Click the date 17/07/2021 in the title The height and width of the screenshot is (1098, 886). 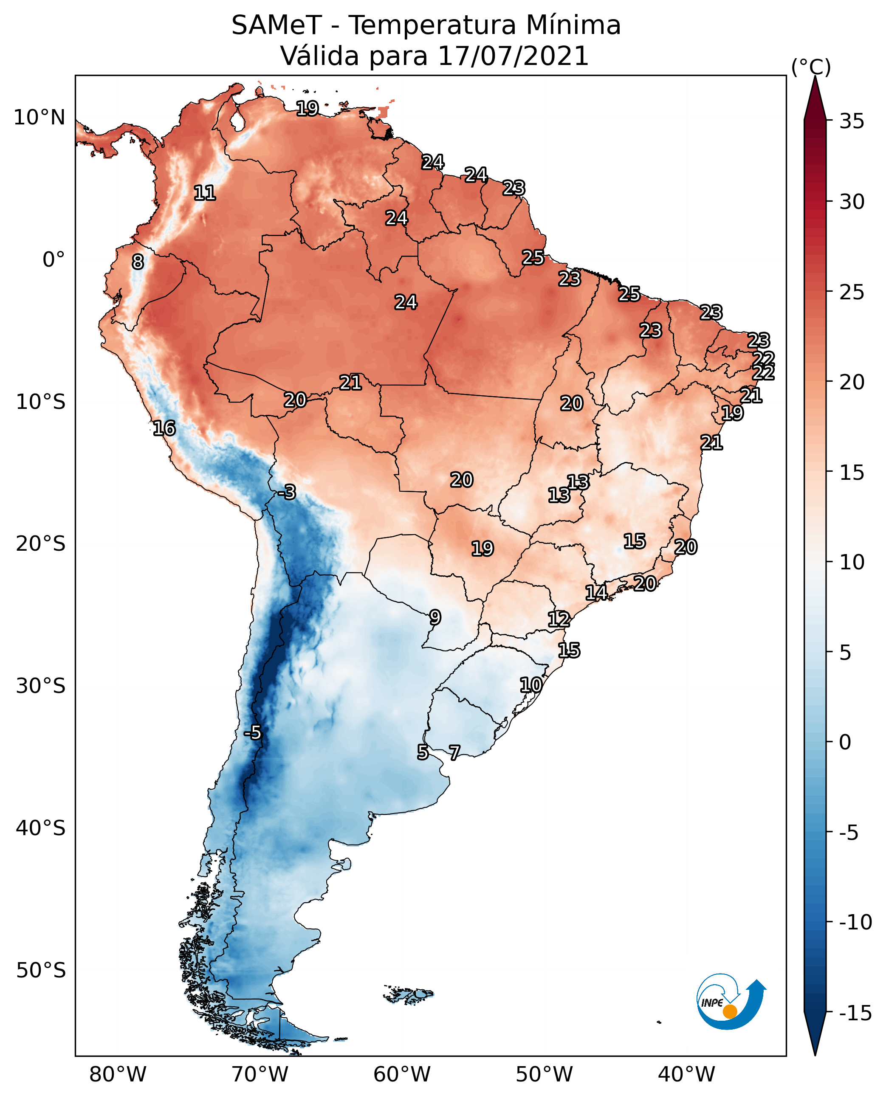click(x=513, y=56)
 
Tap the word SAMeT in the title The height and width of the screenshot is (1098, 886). click(x=276, y=25)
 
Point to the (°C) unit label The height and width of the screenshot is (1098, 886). click(x=811, y=67)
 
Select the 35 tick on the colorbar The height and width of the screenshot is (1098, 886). click(x=852, y=121)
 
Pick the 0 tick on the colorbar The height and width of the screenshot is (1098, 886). click(x=845, y=742)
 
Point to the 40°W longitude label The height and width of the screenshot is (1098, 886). click(x=686, y=1074)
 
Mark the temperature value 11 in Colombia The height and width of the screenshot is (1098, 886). click(x=205, y=193)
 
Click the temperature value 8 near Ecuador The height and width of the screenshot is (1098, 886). click(x=138, y=262)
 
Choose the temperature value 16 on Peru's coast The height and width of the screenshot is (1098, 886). click(x=164, y=428)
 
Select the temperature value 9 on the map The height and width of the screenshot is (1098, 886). click(x=435, y=617)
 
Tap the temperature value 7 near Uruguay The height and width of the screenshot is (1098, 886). click(x=454, y=752)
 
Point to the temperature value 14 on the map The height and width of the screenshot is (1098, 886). click(x=596, y=592)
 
